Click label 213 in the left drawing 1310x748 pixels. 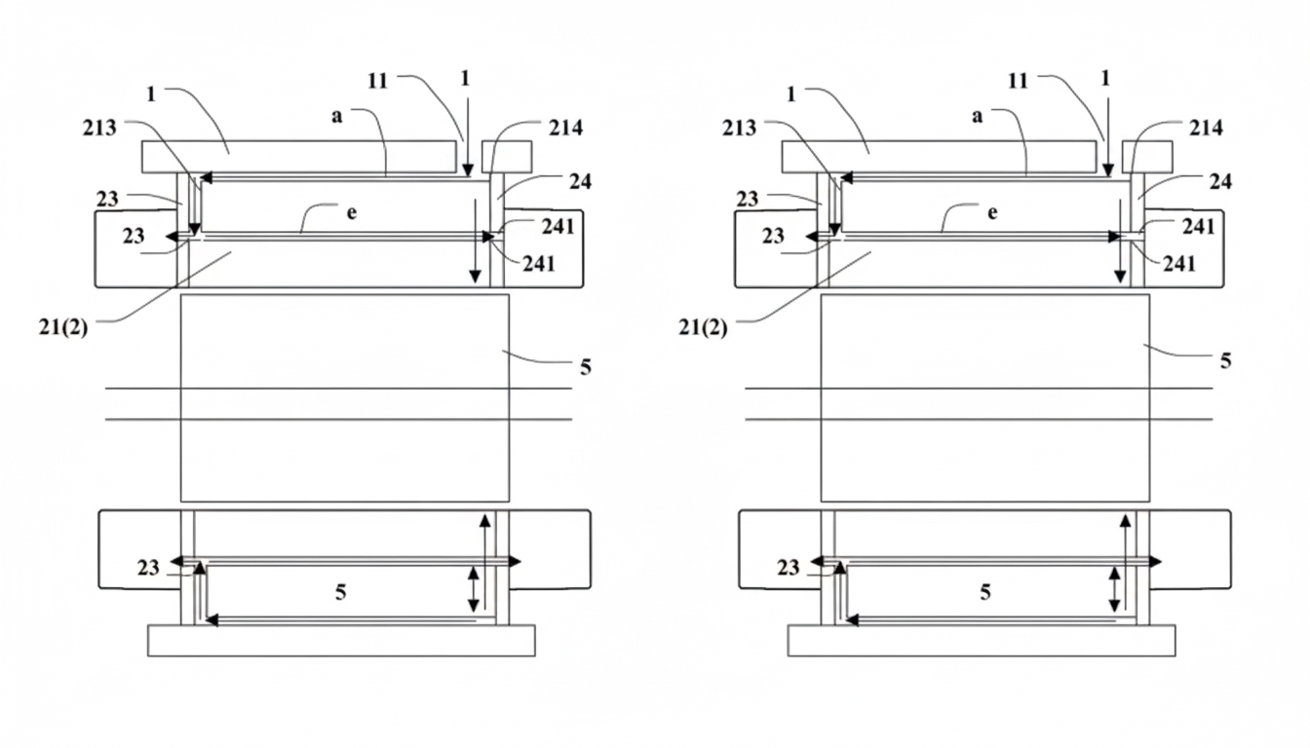[x=99, y=127]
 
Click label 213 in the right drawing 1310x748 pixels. [x=740, y=127]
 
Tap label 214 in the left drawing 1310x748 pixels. [x=564, y=128]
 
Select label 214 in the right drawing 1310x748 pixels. [x=1205, y=128]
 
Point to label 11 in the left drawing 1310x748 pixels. [x=379, y=81]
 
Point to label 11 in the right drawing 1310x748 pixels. [x=1019, y=81]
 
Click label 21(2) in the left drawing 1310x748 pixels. [x=63, y=328]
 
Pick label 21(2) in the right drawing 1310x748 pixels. [x=703, y=328]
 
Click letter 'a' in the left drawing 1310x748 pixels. [x=336, y=116]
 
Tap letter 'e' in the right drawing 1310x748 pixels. [x=992, y=212]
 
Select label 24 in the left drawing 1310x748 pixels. [x=581, y=181]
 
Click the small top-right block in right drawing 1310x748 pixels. [x=1147, y=156]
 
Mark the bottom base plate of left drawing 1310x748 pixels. [x=341, y=640]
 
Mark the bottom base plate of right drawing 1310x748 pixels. [x=981, y=640]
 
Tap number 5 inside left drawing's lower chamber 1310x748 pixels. [x=340, y=592]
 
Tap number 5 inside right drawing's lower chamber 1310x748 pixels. [x=985, y=592]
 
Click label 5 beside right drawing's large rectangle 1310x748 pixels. [x=1225, y=361]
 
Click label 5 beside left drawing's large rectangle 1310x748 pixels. [x=585, y=367]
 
